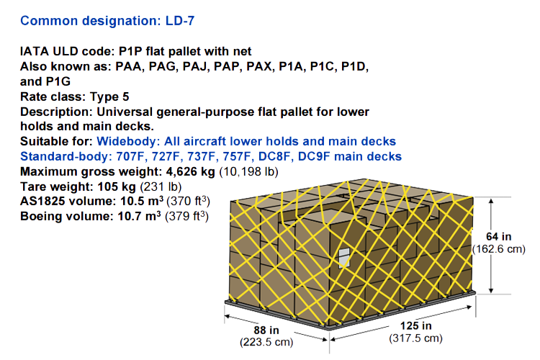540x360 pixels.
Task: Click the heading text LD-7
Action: click(180, 21)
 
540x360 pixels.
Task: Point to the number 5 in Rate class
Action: click(126, 96)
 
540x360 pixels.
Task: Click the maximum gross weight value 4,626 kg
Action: click(191, 171)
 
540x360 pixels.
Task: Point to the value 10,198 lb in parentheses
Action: click(248, 171)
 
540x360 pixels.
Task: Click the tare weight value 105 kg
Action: click(117, 186)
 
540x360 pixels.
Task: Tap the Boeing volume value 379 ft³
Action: click(186, 216)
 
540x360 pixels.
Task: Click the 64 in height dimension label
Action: click(499, 237)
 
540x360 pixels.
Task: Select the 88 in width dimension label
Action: click(266, 330)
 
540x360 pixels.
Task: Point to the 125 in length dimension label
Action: click(415, 326)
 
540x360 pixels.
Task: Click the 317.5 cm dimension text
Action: click(415, 338)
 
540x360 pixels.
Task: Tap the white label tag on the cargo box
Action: click(344, 258)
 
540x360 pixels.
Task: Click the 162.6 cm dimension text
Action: click(499, 249)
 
